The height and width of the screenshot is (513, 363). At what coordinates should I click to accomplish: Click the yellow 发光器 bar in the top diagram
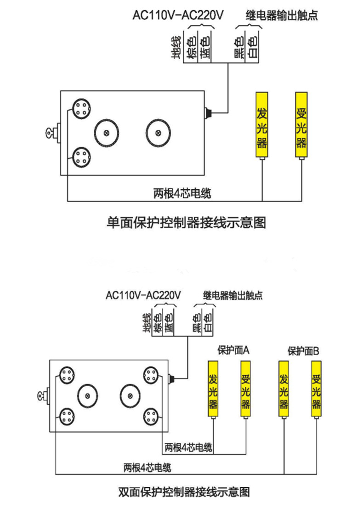click(x=262, y=124)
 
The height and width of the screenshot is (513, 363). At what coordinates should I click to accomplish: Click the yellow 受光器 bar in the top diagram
click(x=301, y=124)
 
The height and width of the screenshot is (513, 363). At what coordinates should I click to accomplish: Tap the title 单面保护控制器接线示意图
click(x=186, y=222)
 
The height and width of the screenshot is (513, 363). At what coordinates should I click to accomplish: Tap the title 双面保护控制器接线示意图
click(x=184, y=492)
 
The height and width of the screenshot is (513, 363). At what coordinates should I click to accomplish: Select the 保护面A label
click(x=234, y=350)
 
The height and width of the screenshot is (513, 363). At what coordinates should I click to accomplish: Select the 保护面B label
click(x=303, y=351)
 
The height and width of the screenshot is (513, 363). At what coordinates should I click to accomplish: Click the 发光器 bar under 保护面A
click(x=213, y=389)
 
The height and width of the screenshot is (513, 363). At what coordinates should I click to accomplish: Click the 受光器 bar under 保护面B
click(x=316, y=389)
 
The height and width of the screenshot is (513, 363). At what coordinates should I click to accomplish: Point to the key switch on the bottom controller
click(x=43, y=396)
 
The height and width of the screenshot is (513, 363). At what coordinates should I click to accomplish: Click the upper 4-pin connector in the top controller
click(x=81, y=109)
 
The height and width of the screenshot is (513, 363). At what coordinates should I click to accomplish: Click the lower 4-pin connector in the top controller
click(x=81, y=158)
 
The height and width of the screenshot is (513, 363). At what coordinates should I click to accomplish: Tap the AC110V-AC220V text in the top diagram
click(x=178, y=15)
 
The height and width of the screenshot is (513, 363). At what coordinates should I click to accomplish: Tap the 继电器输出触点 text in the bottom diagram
click(x=233, y=295)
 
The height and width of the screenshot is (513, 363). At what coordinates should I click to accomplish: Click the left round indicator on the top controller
click(x=107, y=133)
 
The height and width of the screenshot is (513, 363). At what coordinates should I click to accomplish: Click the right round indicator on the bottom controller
click(x=130, y=396)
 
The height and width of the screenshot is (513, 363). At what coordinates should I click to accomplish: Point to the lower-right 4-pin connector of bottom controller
click(x=151, y=417)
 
